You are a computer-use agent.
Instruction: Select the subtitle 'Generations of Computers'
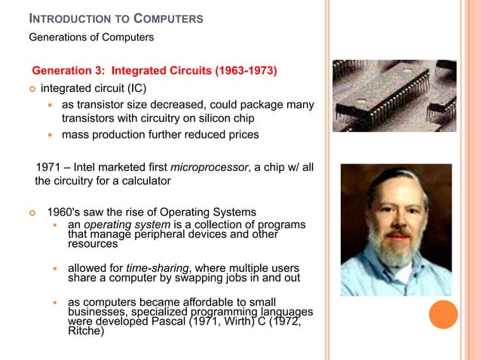click(x=91, y=37)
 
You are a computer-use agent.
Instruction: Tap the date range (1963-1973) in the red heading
click(x=246, y=72)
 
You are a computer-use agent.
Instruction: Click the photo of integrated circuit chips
click(x=394, y=96)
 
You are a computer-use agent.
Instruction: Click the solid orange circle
click(x=443, y=315)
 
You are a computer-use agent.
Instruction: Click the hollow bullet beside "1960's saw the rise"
click(x=33, y=212)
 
